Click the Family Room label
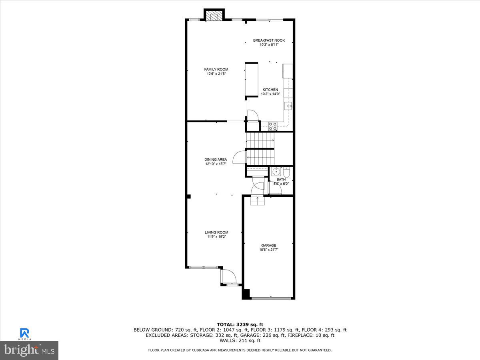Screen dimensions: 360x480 [216, 70]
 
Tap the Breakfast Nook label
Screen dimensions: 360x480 [269, 40]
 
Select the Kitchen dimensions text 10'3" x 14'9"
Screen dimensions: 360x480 [270, 94]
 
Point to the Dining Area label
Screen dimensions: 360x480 [216, 160]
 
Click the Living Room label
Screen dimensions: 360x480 [216, 232]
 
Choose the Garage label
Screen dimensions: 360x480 [269, 246]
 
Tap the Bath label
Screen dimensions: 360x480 [281, 180]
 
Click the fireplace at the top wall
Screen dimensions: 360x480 [214, 16]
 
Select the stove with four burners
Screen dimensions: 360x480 [272, 126]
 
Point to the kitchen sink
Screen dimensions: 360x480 [288, 106]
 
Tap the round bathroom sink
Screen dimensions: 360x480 [275, 172]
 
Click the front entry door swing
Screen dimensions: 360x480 [229, 276]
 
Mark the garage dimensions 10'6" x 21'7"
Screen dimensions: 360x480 [269, 250]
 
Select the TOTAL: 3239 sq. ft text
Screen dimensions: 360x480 [240, 324]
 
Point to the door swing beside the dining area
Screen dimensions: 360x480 [239, 156]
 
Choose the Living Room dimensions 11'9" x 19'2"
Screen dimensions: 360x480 [216, 237]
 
